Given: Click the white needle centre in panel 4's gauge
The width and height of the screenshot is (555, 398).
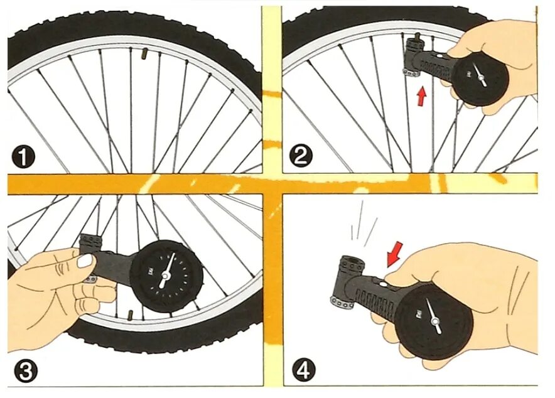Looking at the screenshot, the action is pos(435,321).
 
